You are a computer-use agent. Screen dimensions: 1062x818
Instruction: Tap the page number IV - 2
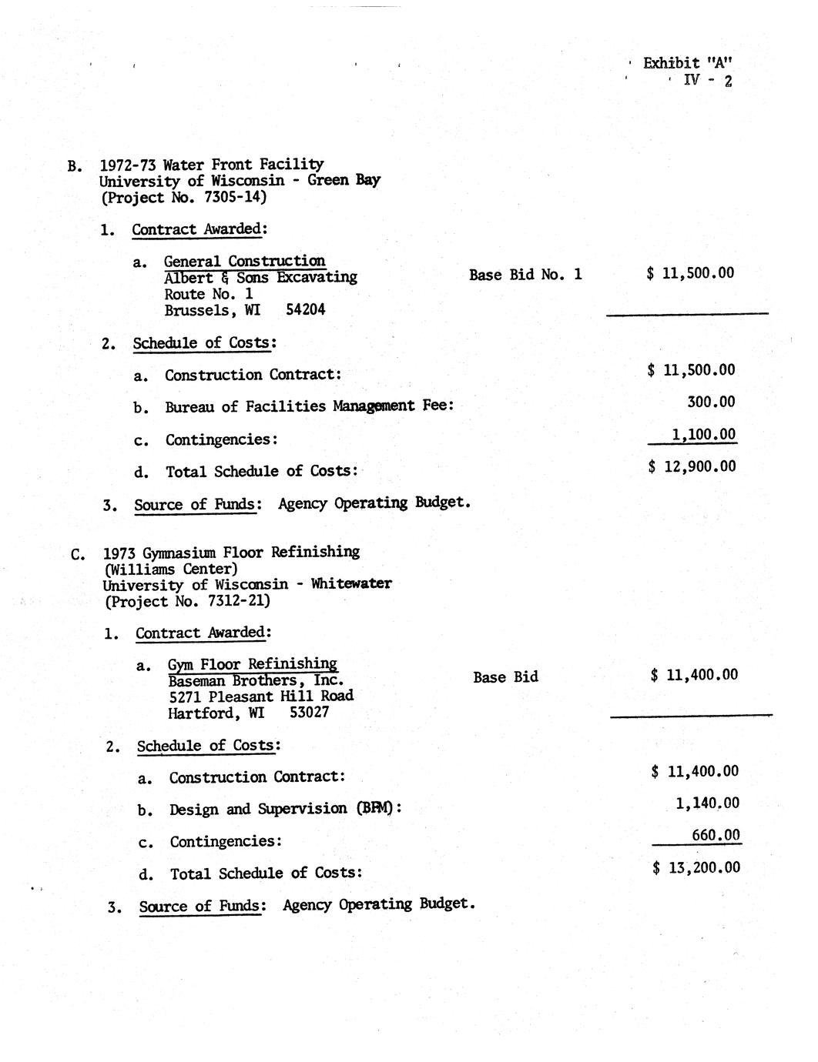(x=707, y=80)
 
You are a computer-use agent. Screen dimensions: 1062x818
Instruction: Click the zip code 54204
(x=305, y=310)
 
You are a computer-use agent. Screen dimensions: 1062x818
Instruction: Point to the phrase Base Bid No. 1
(x=525, y=275)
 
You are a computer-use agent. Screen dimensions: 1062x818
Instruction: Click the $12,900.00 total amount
(x=692, y=466)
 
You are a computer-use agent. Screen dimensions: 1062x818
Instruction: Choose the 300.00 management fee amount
(x=710, y=402)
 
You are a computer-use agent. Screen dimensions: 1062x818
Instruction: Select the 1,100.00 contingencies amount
(x=703, y=435)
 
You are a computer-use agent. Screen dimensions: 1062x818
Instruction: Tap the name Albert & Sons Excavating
(x=260, y=278)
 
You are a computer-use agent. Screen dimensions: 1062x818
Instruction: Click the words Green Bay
(x=344, y=181)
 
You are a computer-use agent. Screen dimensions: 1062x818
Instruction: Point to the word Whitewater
(x=350, y=583)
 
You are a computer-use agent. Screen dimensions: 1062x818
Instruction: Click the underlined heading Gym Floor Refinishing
(x=253, y=664)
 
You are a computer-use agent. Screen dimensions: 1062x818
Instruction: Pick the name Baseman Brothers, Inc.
(x=256, y=680)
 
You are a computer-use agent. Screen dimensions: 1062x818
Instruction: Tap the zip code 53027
(x=309, y=713)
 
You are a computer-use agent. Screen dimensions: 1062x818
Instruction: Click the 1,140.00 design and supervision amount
(x=707, y=803)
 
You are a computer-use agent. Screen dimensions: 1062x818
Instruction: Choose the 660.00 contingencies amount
(x=716, y=836)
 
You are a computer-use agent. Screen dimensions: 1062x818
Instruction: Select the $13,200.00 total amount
(x=696, y=868)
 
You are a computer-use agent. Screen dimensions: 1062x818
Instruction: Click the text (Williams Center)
(x=171, y=569)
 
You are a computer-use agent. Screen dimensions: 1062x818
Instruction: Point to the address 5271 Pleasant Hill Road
(x=261, y=696)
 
